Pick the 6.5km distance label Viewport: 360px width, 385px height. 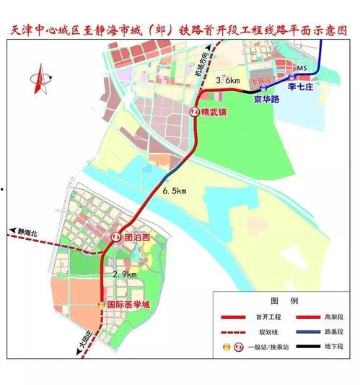[175, 191]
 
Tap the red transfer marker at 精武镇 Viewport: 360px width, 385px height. [195, 113]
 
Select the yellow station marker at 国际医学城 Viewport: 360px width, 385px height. [100, 305]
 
